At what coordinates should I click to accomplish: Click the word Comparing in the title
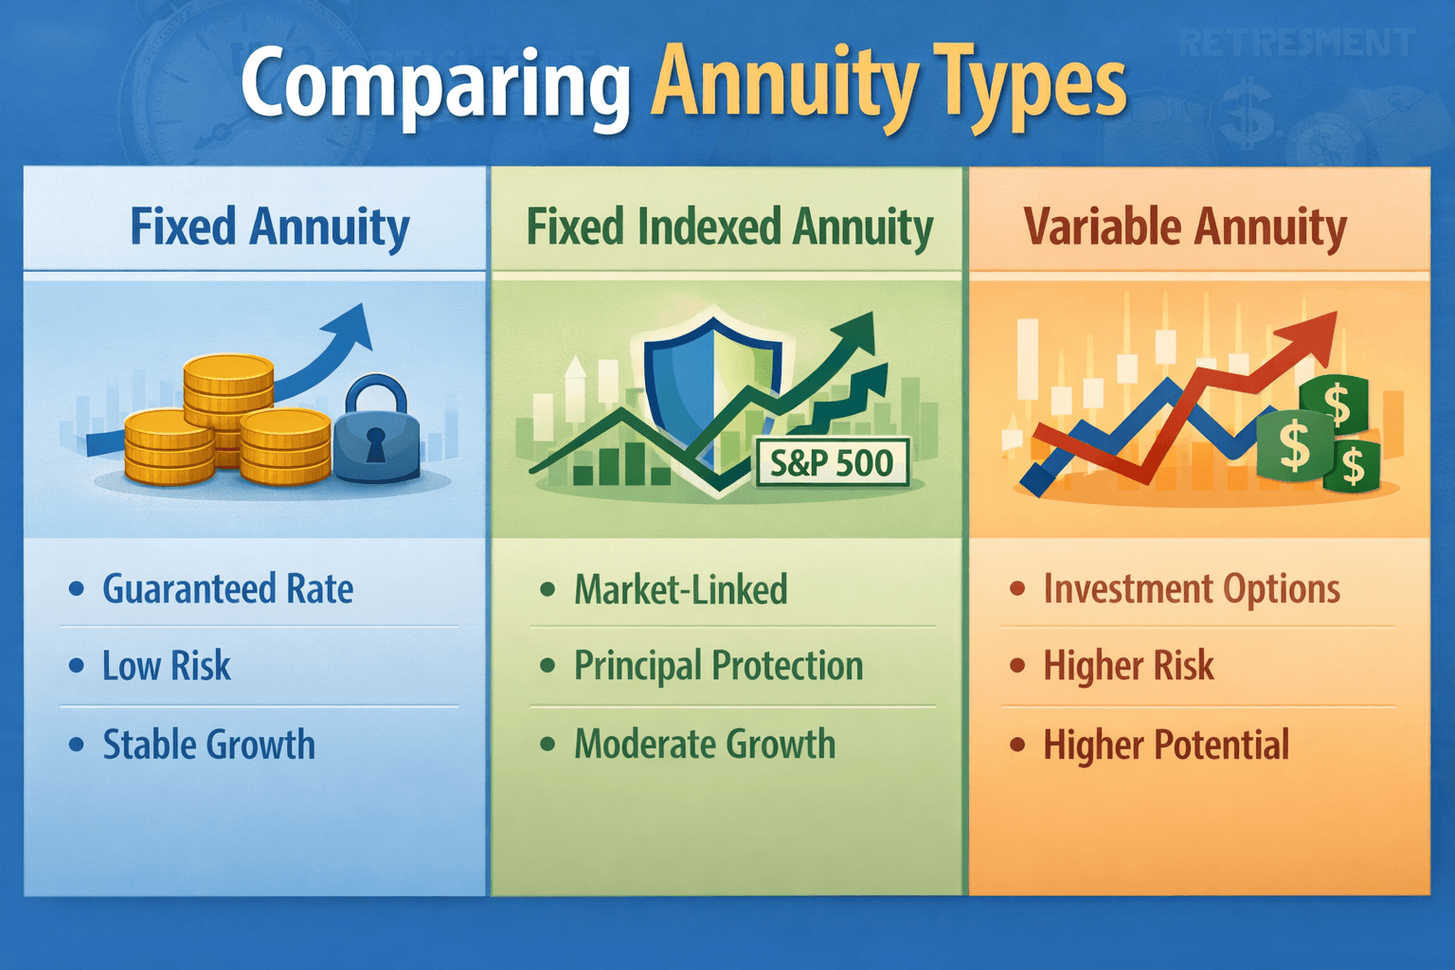[x=435, y=85]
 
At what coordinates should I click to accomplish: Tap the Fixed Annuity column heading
[x=270, y=227]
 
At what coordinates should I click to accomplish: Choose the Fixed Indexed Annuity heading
[x=729, y=227]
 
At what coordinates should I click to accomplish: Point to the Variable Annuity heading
[x=1185, y=227]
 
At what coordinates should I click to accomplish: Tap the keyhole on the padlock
[x=376, y=443]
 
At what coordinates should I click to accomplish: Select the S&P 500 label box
[x=832, y=463]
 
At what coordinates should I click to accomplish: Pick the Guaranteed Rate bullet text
[x=227, y=589]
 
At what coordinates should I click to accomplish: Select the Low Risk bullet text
[x=167, y=666]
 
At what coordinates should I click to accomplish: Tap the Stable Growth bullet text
[x=208, y=745]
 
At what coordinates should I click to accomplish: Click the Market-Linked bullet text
[x=680, y=589]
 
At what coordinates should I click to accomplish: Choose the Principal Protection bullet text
[x=718, y=666]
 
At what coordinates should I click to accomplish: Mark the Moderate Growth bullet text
[x=705, y=745]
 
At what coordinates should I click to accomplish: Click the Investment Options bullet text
[x=1192, y=589]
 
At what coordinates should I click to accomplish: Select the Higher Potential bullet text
[x=1166, y=745]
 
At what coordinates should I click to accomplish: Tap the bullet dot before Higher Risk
[x=1017, y=666]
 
